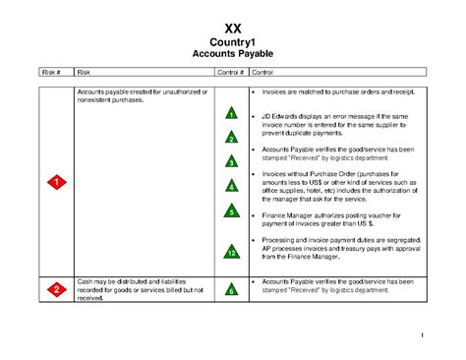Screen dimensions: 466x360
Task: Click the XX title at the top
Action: point(233,27)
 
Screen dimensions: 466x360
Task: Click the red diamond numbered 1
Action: point(57,182)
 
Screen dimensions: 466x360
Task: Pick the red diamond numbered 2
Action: point(57,288)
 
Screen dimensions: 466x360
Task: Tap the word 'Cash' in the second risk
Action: point(85,280)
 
